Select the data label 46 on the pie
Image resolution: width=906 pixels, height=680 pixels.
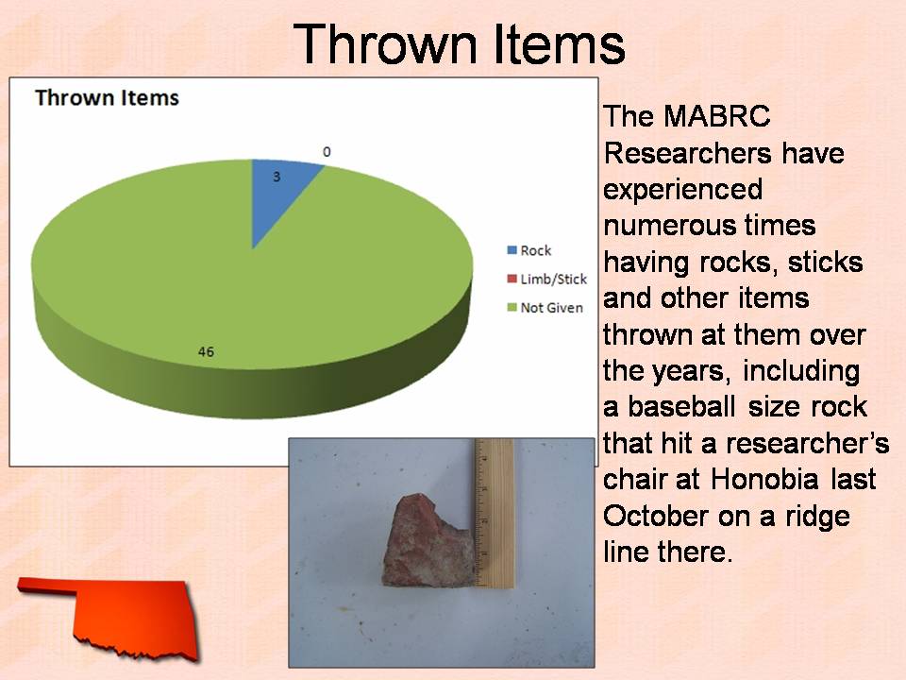(x=206, y=351)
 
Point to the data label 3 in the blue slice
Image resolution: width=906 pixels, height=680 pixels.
(x=277, y=177)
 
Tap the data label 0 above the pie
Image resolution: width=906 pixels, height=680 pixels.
(x=327, y=151)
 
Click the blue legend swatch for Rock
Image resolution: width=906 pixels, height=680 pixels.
(x=512, y=250)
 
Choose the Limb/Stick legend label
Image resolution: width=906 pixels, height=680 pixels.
(x=554, y=280)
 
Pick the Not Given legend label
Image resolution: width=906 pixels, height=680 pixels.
(x=551, y=308)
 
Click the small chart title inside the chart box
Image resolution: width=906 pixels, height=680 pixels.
(x=107, y=97)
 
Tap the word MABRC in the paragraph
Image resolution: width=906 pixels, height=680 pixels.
(x=716, y=116)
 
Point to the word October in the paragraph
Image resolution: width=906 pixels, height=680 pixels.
(x=656, y=516)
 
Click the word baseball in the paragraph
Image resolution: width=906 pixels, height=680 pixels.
(x=681, y=406)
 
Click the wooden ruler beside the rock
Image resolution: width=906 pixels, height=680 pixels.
(x=495, y=514)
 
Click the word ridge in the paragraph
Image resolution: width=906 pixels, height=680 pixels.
(x=817, y=516)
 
